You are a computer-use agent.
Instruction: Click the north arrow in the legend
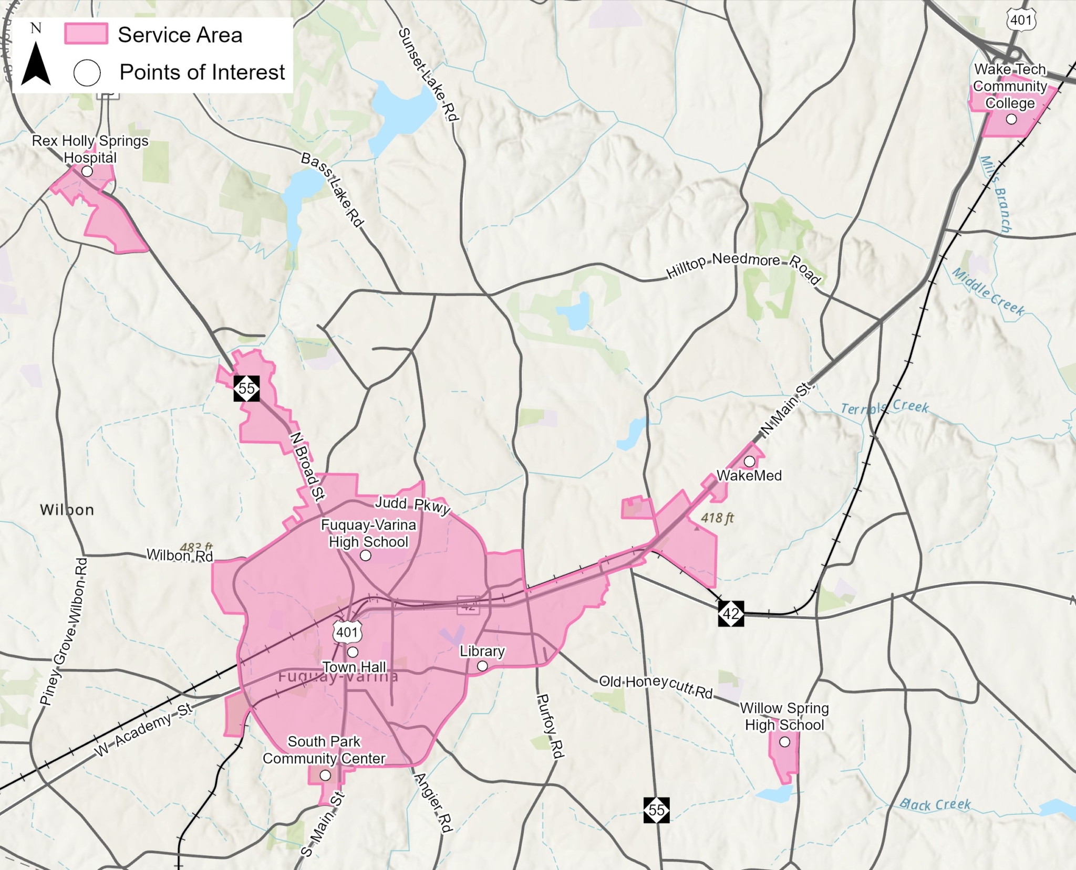[36, 64]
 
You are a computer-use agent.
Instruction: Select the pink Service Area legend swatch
[86, 34]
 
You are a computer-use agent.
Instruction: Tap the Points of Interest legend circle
[87, 73]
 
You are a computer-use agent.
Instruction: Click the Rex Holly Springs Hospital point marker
[87, 171]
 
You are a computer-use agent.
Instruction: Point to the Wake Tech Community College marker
[1011, 119]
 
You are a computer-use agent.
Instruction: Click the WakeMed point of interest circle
[750, 461]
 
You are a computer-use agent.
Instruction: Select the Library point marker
[482, 666]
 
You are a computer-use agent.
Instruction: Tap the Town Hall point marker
[353, 652]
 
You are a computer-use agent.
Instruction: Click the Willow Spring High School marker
[784, 742]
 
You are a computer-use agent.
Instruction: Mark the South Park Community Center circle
[325, 775]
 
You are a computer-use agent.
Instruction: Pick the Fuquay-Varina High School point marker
[366, 556]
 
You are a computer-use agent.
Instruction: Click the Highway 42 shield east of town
[731, 613]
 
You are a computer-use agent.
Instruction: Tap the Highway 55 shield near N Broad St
[246, 389]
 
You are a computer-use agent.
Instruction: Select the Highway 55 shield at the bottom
[656, 810]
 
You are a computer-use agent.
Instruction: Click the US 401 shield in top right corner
[1021, 20]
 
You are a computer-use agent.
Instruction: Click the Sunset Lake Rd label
[428, 75]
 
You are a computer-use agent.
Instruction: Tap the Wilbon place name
[67, 510]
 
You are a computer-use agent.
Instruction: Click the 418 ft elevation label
[717, 518]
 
